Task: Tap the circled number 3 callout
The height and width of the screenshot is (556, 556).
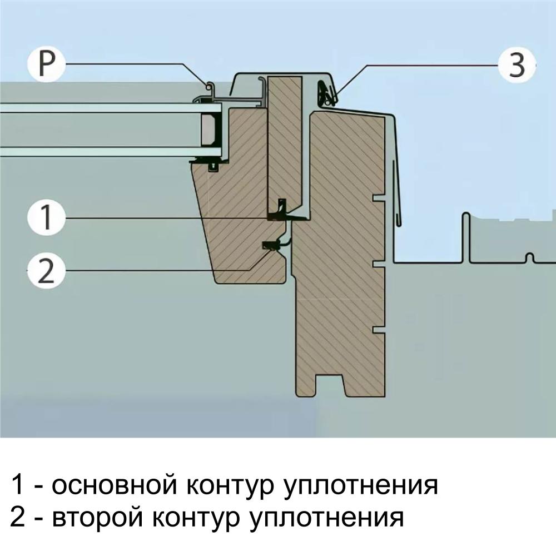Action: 517,65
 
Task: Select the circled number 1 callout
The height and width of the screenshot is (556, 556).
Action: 46,217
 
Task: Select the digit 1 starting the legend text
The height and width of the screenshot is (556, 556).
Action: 18,485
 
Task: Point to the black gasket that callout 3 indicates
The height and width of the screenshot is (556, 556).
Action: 325,92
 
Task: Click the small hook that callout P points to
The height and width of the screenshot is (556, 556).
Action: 210,87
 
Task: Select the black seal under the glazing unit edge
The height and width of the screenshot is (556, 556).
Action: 213,165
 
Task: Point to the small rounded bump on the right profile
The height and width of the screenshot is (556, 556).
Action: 530,257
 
